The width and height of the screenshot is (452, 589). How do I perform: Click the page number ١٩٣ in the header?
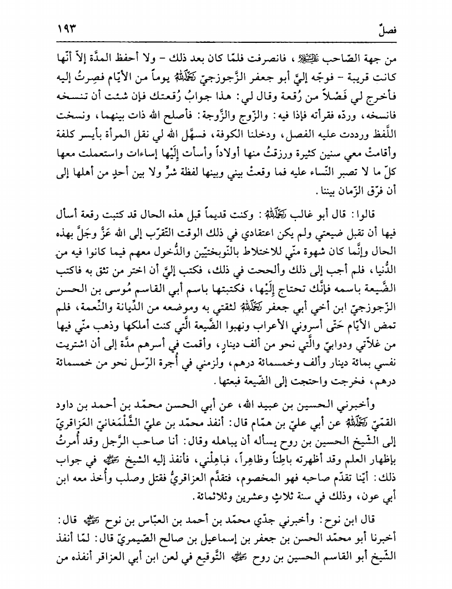point(65,27)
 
